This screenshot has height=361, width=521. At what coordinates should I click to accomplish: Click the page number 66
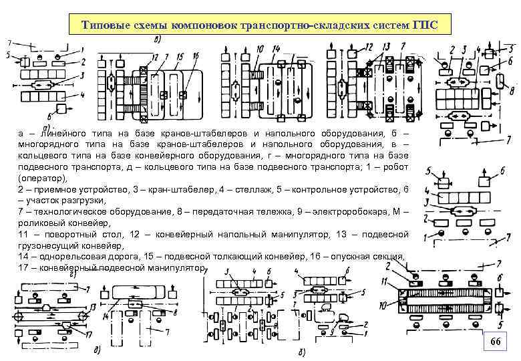[x=495, y=342]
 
